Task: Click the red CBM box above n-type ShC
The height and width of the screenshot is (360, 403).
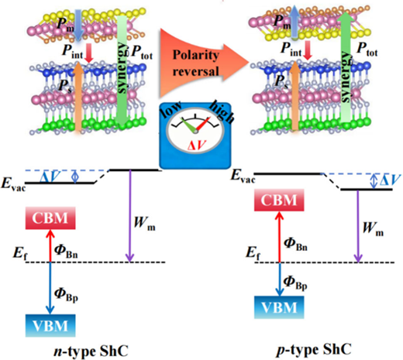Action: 50,218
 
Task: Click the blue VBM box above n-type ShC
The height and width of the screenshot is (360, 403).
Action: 50,325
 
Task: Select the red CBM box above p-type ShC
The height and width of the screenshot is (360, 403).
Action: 279,200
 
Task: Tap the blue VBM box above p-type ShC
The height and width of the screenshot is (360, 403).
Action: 279,307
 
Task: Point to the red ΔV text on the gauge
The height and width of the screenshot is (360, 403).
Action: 196,146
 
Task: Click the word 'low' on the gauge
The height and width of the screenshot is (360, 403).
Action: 171,111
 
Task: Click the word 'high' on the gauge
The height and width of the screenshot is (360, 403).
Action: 222,112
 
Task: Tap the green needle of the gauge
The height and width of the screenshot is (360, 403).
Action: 188,125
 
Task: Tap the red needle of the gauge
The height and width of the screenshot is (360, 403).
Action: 203,125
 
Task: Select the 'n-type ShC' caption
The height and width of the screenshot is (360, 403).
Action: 91,351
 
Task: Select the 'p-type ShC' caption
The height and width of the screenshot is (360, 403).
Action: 314,350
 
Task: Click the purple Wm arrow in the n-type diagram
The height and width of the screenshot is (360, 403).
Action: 130,216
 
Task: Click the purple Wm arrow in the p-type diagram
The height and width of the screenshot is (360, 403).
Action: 358,226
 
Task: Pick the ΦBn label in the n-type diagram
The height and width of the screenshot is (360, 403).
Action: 66,251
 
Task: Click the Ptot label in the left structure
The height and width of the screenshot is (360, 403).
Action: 142,53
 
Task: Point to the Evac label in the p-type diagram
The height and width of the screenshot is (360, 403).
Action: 243,176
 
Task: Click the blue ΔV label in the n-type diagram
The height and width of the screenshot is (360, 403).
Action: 50,177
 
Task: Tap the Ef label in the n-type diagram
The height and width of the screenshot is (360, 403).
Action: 21,253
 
